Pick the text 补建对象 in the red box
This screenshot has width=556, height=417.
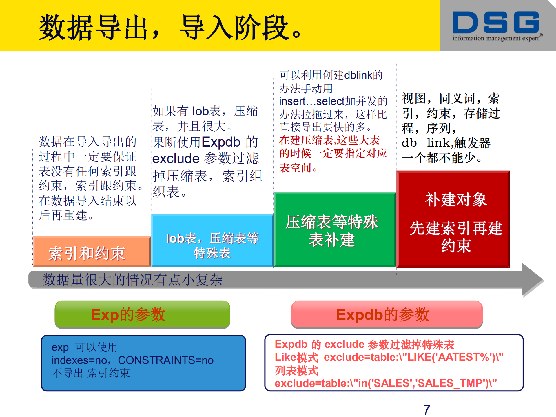click(455, 200)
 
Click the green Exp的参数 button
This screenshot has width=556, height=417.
click(142, 314)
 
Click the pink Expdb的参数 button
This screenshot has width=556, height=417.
click(387, 314)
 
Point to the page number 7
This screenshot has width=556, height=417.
click(426, 409)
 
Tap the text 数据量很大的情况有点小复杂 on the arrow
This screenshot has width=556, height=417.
click(132, 280)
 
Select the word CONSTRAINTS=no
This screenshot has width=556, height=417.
click(165, 360)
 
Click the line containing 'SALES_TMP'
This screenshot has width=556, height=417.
click(385, 383)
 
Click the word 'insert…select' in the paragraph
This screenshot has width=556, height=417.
click(311, 101)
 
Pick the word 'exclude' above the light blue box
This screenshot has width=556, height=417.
click(176, 159)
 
